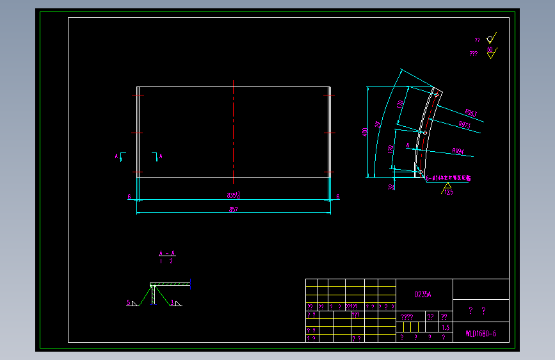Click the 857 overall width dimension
pos(232,210)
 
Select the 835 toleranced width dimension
pos(233,195)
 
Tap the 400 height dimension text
pos(365,132)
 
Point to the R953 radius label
pos(471,113)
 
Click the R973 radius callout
pos(465,126)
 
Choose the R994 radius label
pos(458,152)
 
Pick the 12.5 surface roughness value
pos(448,192)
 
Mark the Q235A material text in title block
pos(424,294)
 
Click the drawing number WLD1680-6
pos(481,333)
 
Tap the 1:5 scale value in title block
pos(446,327)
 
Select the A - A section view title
pos(166,253)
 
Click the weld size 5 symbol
pos(129,302)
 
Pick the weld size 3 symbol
pos(172,302)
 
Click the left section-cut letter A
pos(117,156)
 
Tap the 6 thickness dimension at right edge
pos(337,197)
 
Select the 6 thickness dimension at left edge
pos(129,197)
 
